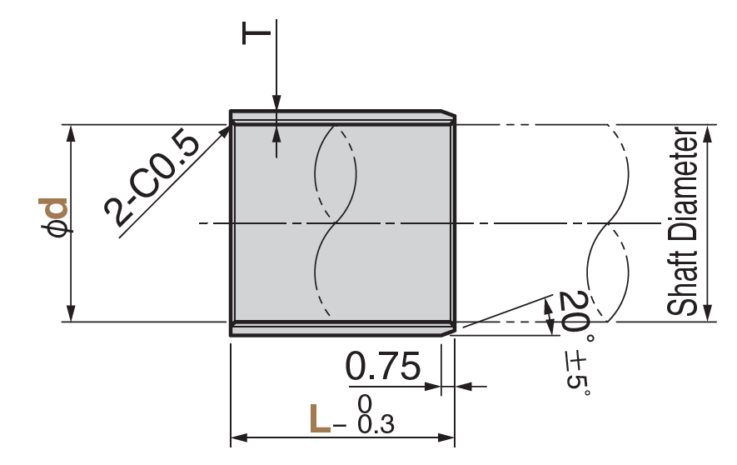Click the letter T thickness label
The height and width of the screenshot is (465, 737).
[257, 33]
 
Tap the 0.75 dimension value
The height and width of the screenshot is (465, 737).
[383, 367]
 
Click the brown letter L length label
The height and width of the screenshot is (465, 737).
[319, 419]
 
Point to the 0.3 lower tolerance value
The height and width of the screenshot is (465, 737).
[376, 425]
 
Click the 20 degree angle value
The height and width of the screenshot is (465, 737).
[572, 312]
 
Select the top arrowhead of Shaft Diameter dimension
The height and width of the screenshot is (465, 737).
[707, 132]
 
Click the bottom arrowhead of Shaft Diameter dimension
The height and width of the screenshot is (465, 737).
[707, 314]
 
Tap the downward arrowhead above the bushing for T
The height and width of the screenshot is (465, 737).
[275, 103]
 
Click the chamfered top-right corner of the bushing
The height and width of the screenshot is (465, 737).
[449, 114]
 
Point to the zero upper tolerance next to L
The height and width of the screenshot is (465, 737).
[364, 405]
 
